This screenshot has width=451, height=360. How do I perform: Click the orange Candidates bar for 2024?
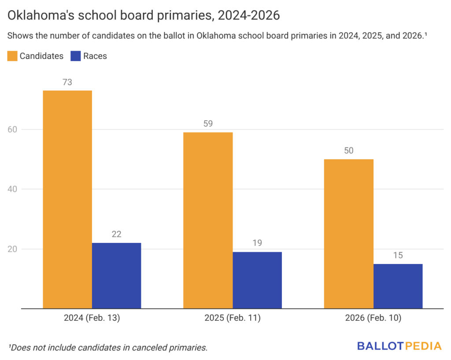pos(67,199)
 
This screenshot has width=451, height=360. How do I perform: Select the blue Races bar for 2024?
pos(117,276)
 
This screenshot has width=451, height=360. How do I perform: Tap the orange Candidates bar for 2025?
pos(208,220)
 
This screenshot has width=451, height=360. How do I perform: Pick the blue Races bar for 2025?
pos(257,280)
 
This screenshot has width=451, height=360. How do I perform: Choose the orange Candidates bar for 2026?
pos(349,234)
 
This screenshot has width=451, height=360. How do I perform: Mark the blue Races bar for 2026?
pos(398,286)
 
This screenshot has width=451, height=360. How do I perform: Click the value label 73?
pos(67,82)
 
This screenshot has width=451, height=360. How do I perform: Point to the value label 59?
pos(208,124)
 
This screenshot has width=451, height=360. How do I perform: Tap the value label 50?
pos(349,151)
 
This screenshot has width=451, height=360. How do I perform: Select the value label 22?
pos(117,234)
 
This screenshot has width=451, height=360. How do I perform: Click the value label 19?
pos(257,243)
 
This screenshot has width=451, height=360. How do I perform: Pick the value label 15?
pos(398,255)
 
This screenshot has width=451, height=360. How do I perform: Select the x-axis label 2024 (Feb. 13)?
pos(92,318)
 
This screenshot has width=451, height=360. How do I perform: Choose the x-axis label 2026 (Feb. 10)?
pos(373,318)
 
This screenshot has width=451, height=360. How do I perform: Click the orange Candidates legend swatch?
pos(12,56)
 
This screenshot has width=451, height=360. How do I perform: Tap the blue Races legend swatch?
pos(76,56)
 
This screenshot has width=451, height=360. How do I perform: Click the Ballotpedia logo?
pos(399,346)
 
